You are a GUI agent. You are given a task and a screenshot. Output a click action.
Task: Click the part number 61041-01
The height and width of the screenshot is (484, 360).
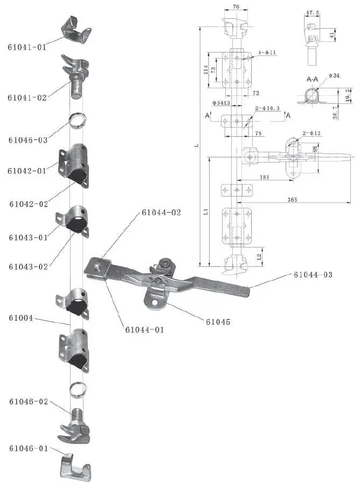pos(27,47)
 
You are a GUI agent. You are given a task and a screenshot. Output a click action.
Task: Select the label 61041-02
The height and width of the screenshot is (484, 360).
pos(27,97)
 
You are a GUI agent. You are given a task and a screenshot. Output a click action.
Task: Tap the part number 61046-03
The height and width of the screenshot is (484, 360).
pos(27,140)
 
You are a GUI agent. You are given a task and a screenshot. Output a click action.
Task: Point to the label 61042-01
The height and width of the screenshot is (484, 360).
pos(27,171)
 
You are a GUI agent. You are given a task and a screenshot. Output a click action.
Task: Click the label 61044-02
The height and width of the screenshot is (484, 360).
pos(162,213)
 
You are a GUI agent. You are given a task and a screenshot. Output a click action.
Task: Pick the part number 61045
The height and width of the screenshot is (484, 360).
pos(218,322)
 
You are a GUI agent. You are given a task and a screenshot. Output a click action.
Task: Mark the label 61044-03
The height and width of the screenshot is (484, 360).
pos(313,275)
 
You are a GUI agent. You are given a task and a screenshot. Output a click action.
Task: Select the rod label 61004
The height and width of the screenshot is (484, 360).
pos(20,318)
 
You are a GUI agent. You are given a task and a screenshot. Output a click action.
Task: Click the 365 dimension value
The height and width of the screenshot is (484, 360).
pos(292,199)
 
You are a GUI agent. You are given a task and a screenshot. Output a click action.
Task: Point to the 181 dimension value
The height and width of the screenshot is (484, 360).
pos(264,176)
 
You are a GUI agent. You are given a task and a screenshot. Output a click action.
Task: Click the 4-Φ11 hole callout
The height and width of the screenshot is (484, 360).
pos(267,52)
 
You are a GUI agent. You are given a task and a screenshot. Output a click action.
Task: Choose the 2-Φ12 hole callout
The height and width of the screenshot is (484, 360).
pos(312,132)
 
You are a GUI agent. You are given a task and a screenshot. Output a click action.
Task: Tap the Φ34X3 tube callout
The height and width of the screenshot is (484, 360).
pos(221,102)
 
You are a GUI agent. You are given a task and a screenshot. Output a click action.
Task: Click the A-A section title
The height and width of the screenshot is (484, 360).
pos(313,79)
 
